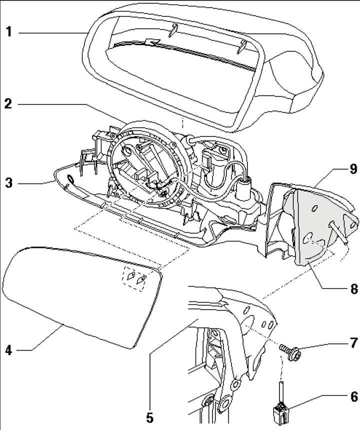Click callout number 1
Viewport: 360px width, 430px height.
[9, 33]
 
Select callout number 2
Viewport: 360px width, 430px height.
[9, 105]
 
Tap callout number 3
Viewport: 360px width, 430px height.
[9, 183]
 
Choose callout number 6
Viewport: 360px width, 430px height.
[353, 397]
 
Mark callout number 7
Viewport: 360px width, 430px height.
[353, 343]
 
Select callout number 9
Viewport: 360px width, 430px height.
[353, 169]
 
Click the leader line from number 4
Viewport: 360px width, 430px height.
[40, 340]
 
